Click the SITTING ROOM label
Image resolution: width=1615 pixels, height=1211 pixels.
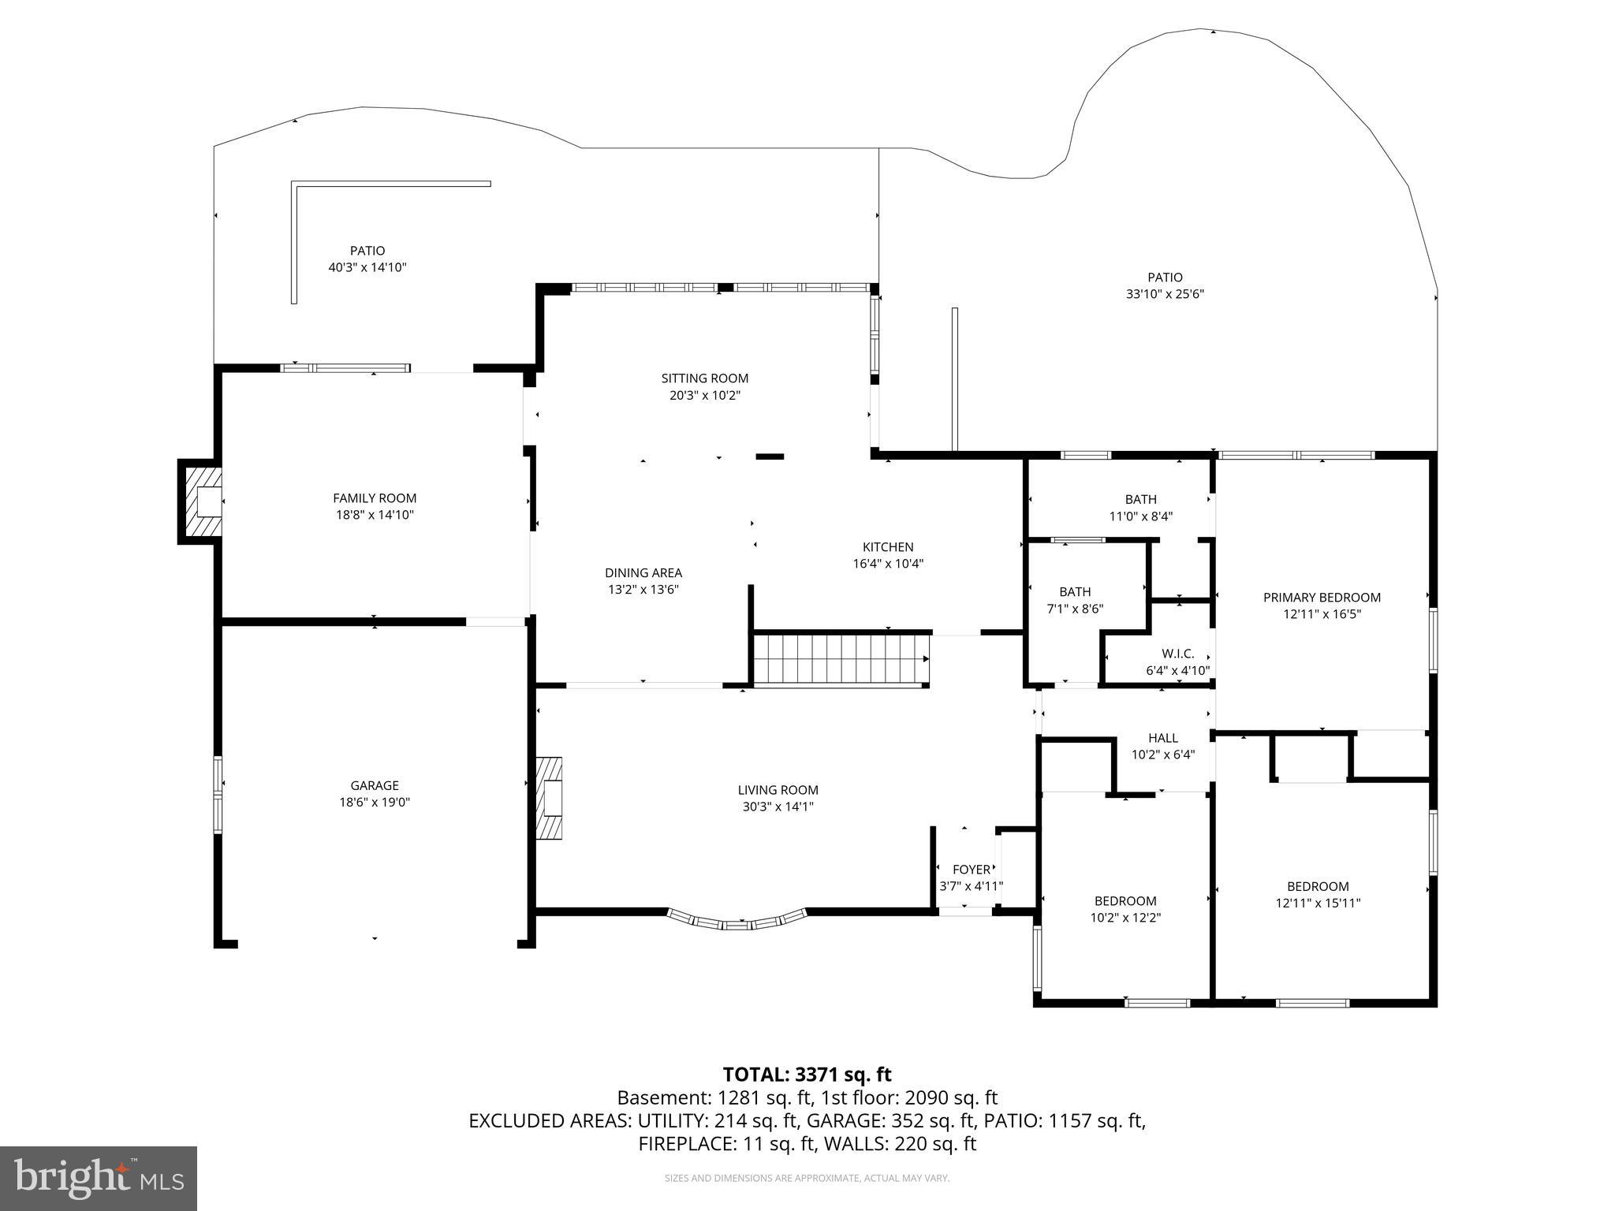(x=704, y=378)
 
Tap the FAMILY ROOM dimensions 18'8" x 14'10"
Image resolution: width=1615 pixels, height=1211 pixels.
(x=375, y=515)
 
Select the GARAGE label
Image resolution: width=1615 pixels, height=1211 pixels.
(x=375, y=785)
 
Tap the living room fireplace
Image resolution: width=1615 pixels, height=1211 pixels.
(x=549, y=797)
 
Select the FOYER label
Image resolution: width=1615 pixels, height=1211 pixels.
(x=971, y=870)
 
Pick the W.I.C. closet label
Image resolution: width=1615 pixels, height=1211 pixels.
(x=1177, y=654)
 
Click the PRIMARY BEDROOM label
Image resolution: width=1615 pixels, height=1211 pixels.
(x=1322, y=598)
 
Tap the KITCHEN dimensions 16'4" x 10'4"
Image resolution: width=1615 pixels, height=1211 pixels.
(x=888, y=564)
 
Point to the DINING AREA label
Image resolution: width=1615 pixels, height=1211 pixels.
(x=643, y=573)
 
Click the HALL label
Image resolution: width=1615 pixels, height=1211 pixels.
(x=1163, y=738)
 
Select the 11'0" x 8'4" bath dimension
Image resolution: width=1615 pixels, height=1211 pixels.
(x=1140, y=516)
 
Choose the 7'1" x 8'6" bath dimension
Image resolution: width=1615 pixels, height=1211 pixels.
(x=1075, y=609)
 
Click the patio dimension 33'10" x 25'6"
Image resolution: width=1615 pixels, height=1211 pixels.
(x=1165, y=294)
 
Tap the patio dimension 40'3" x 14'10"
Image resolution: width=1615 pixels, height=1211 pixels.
(x=367, y=267)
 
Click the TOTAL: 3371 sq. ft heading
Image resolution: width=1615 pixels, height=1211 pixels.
(x=807, y=1075)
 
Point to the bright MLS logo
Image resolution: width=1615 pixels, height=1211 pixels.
(x=99, y=1178)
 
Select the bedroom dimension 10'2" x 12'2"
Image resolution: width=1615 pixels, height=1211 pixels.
(x=1125, y=918)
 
